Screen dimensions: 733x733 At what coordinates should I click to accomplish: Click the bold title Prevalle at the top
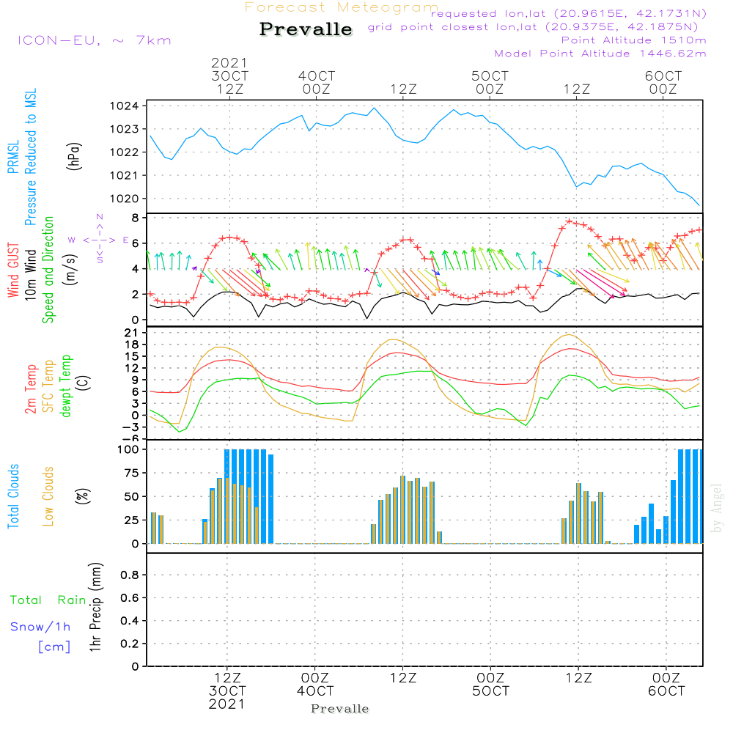(306, 29)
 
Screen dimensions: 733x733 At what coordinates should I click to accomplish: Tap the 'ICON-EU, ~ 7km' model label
(94, 40)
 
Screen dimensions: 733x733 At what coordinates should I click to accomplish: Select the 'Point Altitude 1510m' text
(633, 40)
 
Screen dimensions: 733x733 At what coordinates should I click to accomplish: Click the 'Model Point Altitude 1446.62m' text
(600, 54)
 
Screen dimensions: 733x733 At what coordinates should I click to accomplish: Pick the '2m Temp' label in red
(31, 387)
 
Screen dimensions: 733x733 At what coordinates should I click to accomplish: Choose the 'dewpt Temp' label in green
(66, 386)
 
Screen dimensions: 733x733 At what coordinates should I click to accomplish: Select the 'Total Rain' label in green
(48, 600)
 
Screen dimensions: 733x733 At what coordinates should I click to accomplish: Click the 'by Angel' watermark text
(718, 508)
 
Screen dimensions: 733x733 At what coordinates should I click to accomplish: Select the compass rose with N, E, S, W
(99, 239)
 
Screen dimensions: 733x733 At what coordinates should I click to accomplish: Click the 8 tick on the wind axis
(136, 218)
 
